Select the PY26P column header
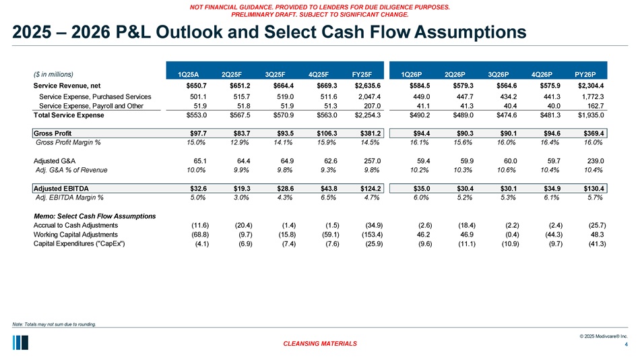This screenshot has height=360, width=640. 592,74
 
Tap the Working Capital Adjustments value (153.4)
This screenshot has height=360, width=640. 367,234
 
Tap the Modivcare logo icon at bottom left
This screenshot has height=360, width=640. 20,342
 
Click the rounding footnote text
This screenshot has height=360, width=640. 54,325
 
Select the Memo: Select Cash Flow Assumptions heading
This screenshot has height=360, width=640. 94,216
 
